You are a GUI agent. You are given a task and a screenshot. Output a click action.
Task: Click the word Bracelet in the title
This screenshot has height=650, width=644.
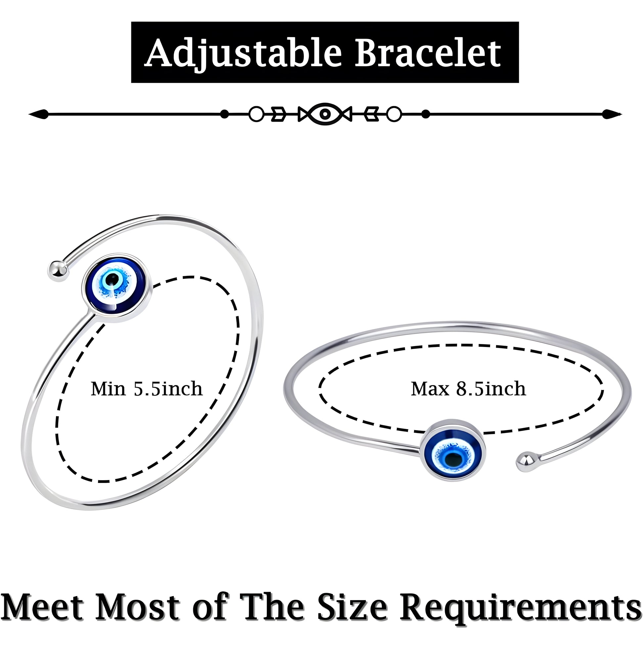pos(428,53)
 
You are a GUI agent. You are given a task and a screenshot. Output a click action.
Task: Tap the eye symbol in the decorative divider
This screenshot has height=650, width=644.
pos(325,114)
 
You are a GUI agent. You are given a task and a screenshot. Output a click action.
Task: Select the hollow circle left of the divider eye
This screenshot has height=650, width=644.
pos(256,114)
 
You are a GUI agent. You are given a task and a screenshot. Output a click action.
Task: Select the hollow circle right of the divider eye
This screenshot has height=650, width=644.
pos(393,114)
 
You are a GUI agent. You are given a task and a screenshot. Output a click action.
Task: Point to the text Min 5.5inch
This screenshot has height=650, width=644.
pos(147,389)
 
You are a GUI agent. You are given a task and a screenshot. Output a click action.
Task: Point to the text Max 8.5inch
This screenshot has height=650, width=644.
pos(468,389)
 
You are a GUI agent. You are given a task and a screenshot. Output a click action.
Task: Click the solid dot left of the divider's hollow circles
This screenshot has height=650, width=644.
pos(224,114)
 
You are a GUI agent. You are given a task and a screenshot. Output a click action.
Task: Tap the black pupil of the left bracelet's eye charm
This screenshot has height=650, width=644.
pos(114,279)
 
